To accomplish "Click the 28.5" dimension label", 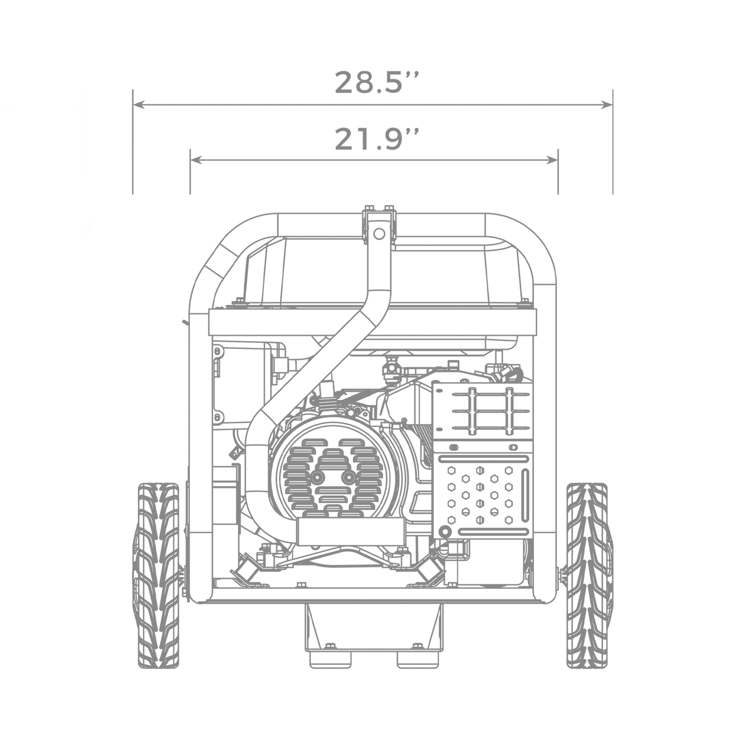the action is click(x=376, y=82).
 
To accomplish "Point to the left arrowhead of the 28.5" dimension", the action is click(x=138, y=104).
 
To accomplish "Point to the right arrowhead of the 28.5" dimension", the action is click(x=607, y=104).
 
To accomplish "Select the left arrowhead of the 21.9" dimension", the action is click(x=196, y=160).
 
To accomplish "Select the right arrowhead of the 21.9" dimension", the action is click(x=552, y=160).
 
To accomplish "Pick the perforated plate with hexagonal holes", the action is click(x=485, y=495).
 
